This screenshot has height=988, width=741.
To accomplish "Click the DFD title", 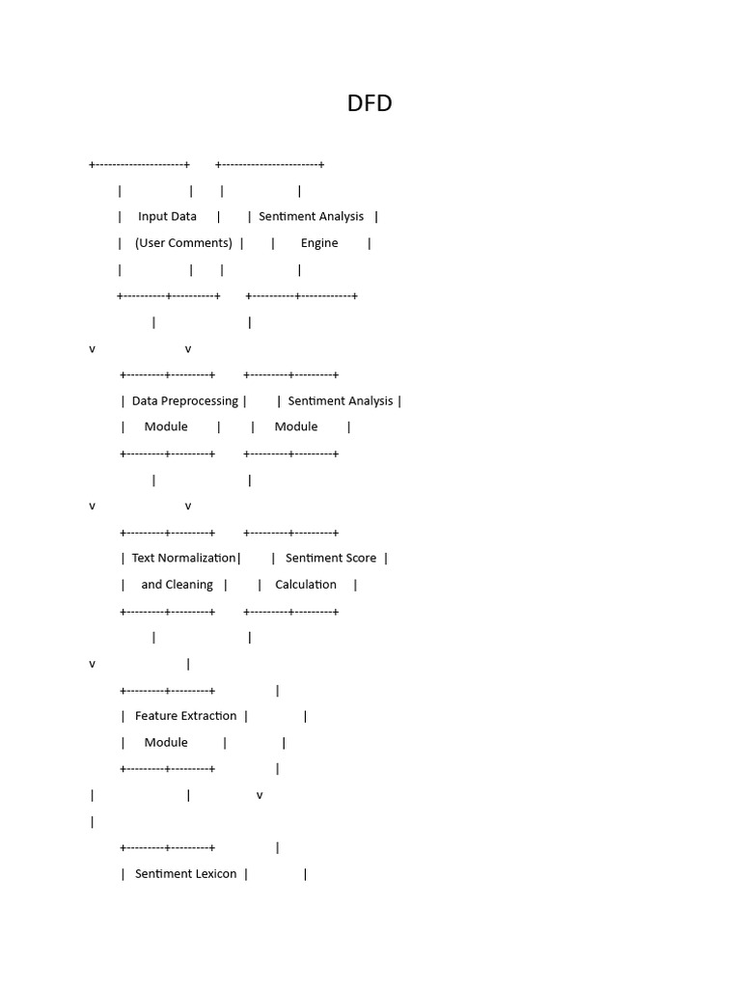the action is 370,103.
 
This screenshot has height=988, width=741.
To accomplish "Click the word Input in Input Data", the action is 152,216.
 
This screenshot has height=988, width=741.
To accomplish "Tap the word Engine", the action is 319,243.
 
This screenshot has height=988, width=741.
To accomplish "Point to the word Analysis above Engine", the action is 340,216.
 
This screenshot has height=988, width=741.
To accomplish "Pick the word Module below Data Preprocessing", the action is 166,426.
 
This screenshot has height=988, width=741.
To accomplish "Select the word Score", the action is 359,558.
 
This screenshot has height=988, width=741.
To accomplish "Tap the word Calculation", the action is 306,585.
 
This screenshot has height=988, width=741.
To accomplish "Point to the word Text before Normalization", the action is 143,558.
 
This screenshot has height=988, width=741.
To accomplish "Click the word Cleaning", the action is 189,585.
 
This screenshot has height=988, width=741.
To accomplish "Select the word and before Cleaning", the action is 151,585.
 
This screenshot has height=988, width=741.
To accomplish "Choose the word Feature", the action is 155,716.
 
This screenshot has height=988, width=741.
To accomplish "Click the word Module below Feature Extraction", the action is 166,742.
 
